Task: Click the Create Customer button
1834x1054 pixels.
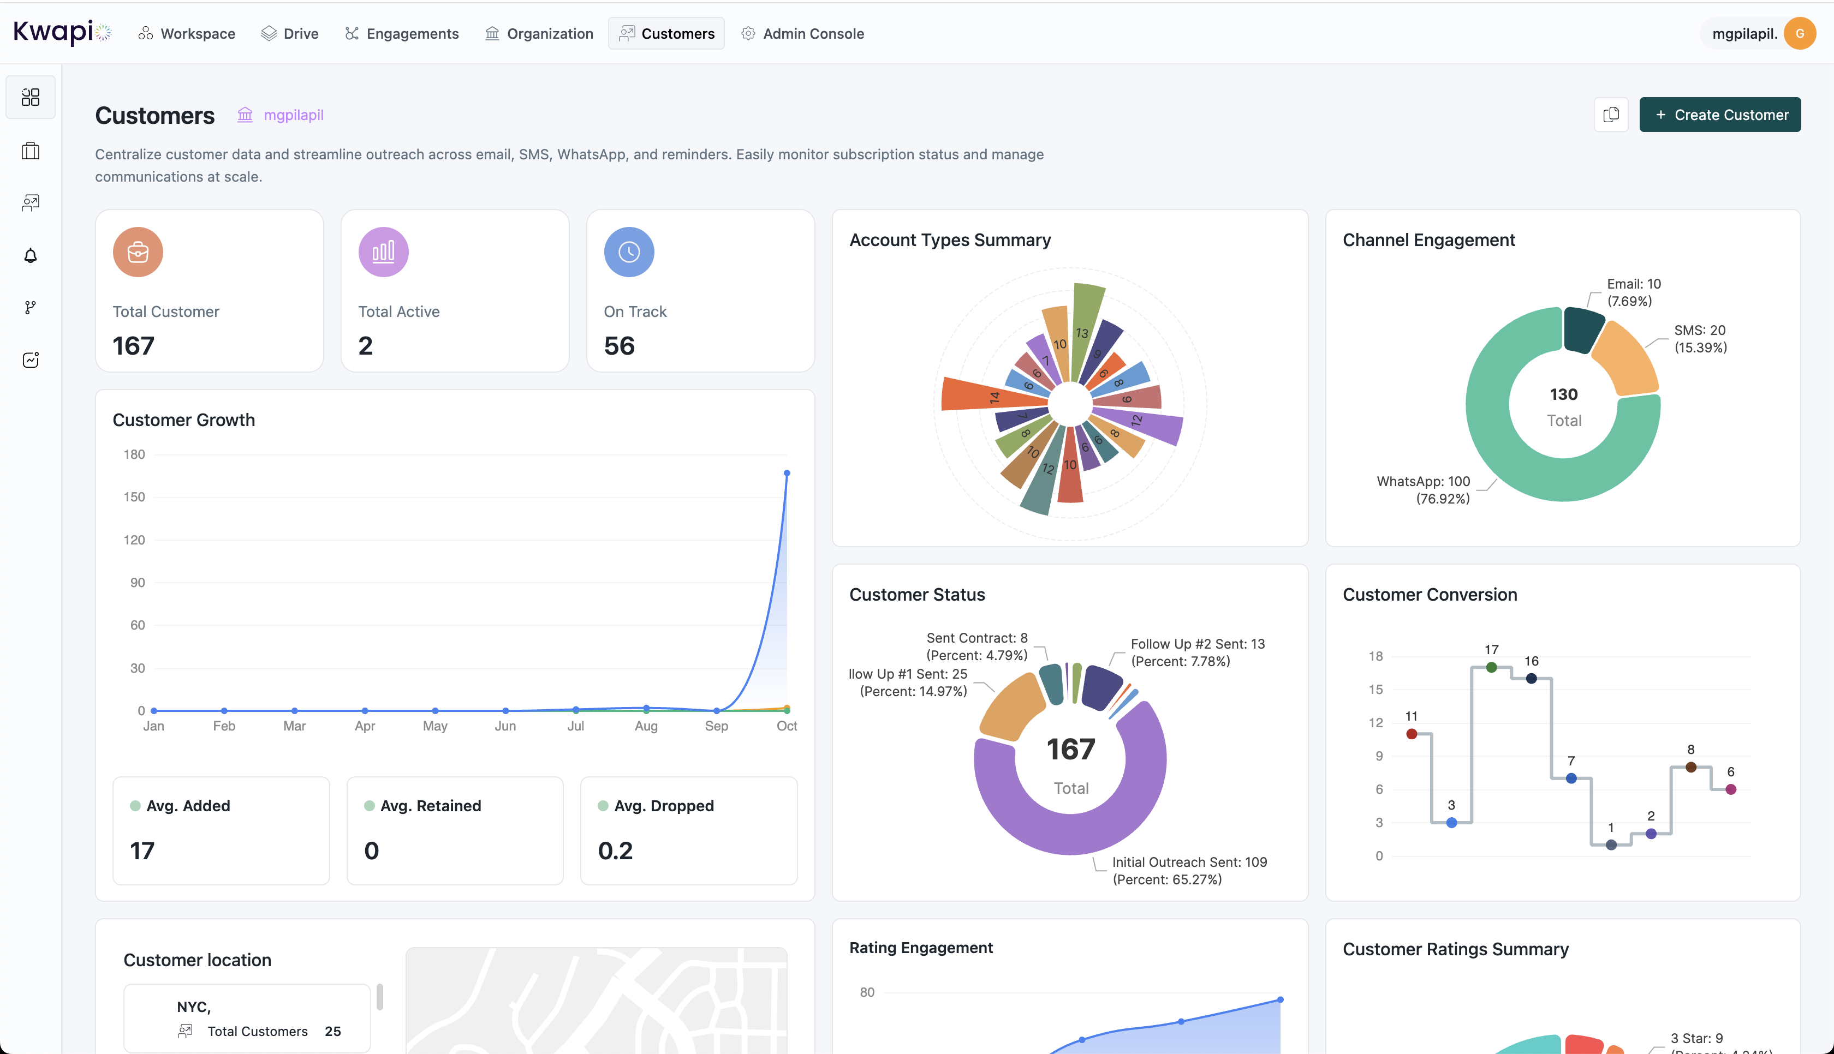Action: point(1719,115)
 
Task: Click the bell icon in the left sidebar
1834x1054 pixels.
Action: point(31,255)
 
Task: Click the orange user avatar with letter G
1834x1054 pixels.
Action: point(1799,34)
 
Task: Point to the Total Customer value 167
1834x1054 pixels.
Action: point(133,346)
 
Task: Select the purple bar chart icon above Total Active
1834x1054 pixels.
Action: point(383,252)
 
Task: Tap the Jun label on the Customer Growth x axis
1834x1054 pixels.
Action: point(505,726)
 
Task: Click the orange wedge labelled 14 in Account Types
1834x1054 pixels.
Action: point(974,395)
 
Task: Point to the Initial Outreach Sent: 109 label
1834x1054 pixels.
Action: point(1189,862)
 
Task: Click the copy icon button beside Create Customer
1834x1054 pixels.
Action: point(1611,115)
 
